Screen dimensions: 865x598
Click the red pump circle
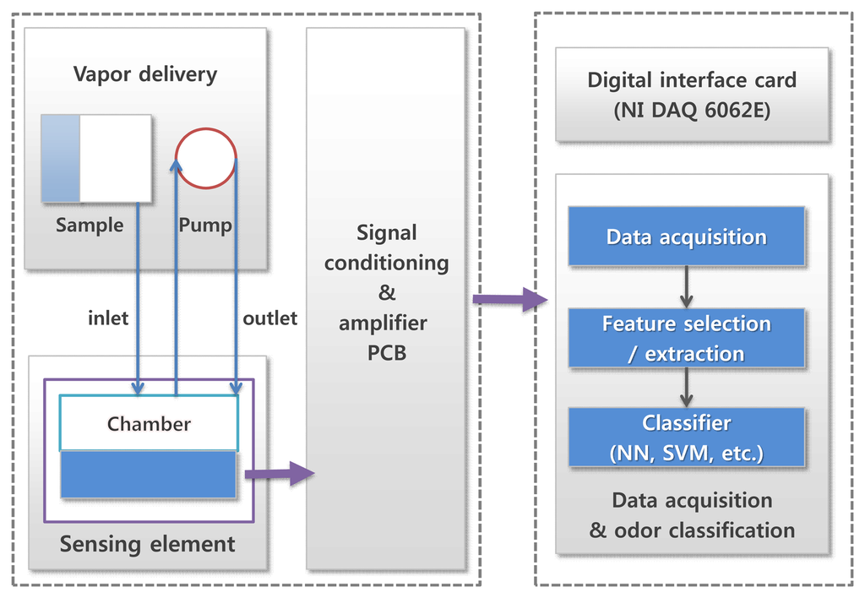(x=206, y=158)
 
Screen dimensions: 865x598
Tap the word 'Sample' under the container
(x=90, y=226)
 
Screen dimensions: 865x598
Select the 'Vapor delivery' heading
(x=145, y=74)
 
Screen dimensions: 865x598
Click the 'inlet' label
(x=108, y=318)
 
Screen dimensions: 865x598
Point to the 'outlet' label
(x=269, y=318)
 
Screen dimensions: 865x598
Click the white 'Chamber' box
(x=149, y=423)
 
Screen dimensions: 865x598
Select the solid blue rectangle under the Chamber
(x=149, y=475)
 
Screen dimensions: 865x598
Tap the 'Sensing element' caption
(x=147, y=545)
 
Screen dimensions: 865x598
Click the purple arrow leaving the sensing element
(x=280, y=473)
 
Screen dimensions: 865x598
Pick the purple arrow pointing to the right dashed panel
(x=510, y=300)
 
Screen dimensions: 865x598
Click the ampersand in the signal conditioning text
(x=387, y=292)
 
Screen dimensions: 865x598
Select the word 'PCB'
(x=387, y=352)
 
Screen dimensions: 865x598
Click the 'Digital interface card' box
(x=693, y=95)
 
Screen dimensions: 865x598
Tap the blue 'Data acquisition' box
(x=686, y=236)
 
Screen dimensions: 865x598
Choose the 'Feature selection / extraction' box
(x=686, y=338)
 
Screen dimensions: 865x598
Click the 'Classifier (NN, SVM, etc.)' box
(x=686, y=438)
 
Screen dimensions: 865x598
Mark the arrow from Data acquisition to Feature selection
(x=686, y=287)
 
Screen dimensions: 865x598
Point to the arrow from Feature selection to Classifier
(x=686, y=388)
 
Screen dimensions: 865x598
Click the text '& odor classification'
(x=693, y=530)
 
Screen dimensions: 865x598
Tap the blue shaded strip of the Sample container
(x=61, y=158)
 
